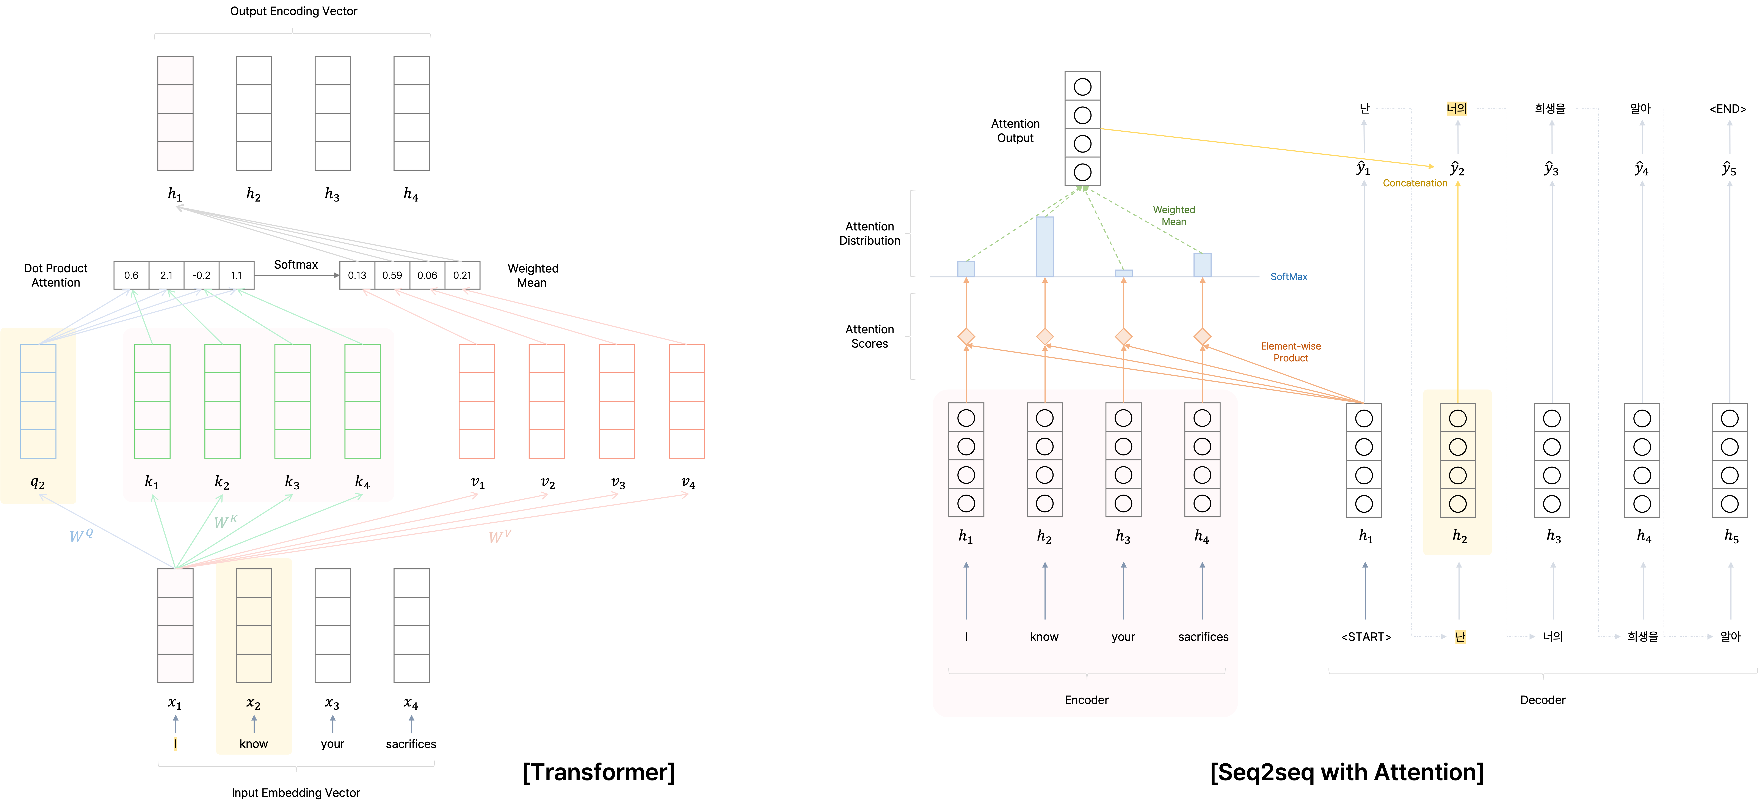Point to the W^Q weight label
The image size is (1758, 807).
tap(80, 535)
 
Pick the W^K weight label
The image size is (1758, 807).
tap(225, 522)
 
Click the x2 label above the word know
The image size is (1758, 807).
tap(253, 703)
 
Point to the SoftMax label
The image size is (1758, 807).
tap(1288, 276)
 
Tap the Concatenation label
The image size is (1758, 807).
tap(1415, 183)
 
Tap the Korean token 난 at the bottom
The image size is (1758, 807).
tap(1460, 637)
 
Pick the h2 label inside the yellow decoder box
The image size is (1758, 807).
tap(1459, 536)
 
